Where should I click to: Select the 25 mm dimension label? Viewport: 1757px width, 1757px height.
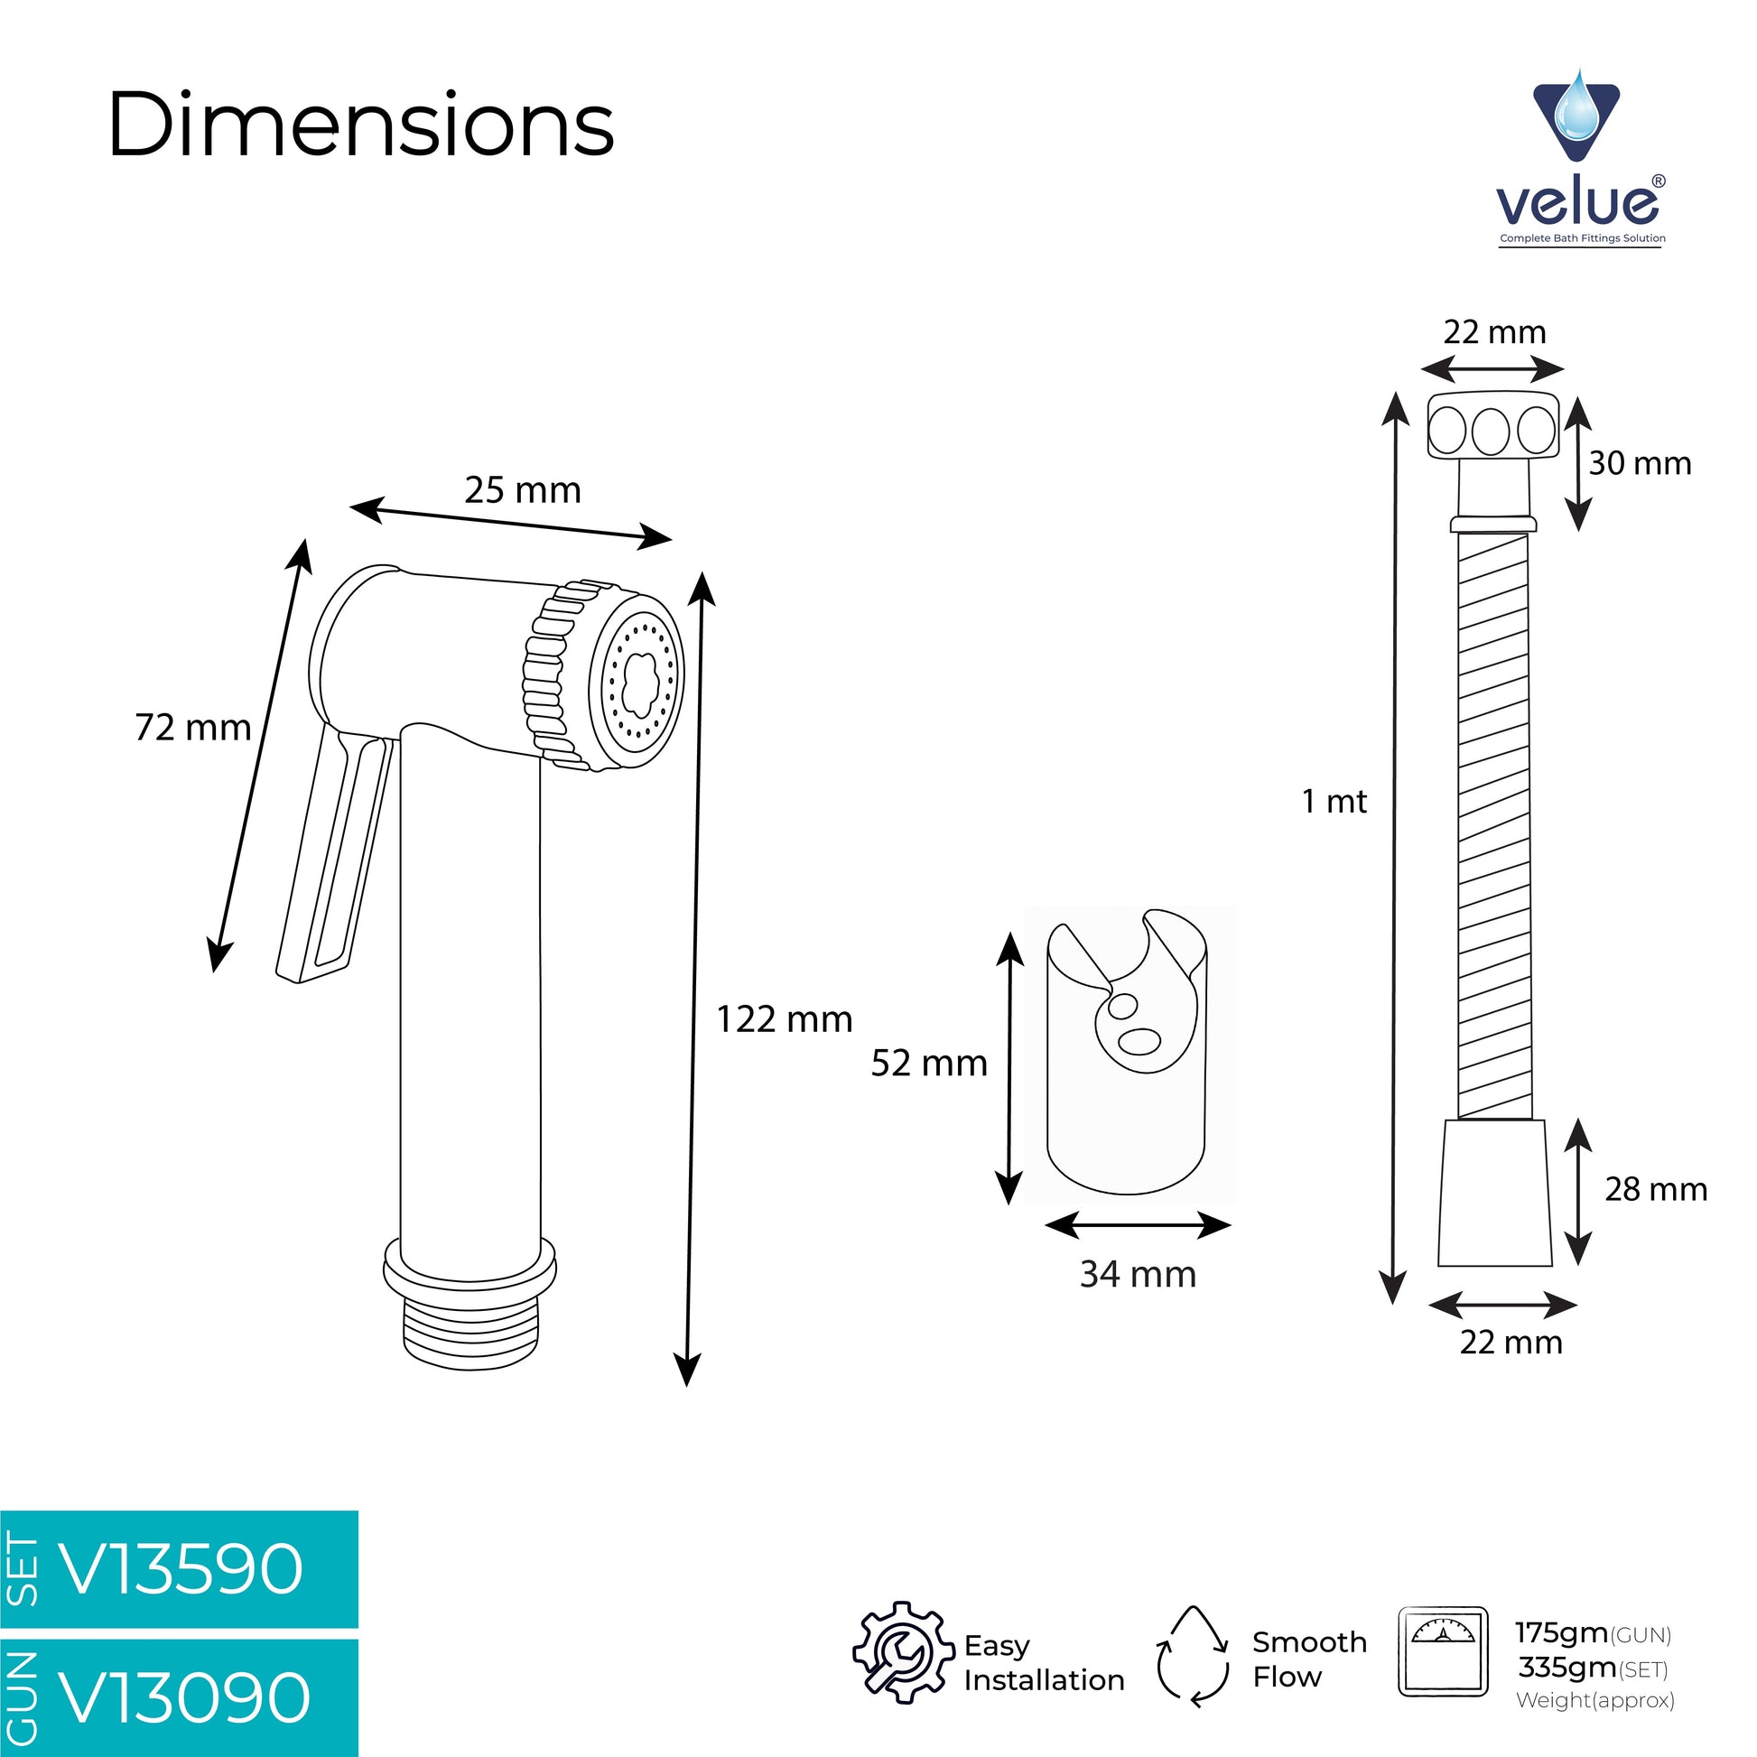(523, 490)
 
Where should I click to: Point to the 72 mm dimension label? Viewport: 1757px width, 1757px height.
(193, 728)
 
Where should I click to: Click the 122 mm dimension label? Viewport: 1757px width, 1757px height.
(785, 1019)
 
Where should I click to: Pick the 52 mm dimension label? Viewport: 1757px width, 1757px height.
(929, 1063)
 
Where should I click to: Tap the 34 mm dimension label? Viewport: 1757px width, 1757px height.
(1138, 1274)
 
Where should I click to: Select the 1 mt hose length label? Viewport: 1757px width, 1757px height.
(1334, 801)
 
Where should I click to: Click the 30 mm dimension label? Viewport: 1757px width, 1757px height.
(1640, 463)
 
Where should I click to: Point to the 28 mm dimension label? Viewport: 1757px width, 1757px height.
(1656, 1188)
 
